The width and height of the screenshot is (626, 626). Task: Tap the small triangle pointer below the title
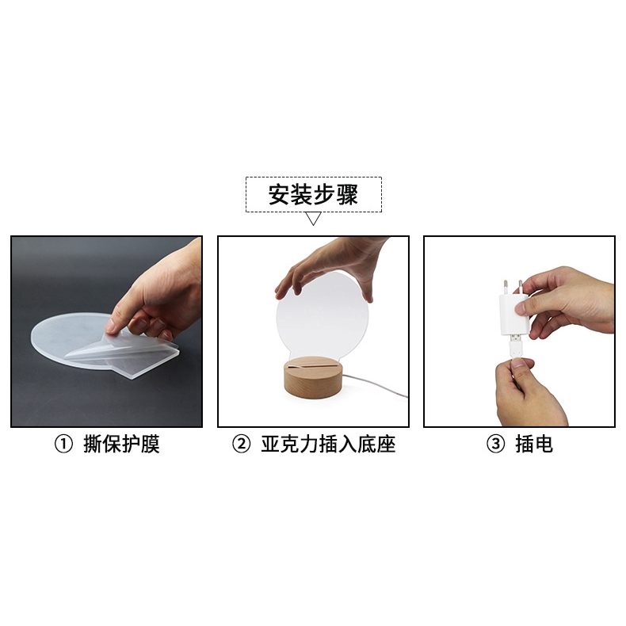tap(313, 219)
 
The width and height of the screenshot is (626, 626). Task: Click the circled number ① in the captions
tap(63, 445)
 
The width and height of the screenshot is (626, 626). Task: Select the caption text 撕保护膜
tap(121, 445)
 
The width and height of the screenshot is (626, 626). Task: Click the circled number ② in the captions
tap(241, 445)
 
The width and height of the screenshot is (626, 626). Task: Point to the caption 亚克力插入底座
tap(328, 445)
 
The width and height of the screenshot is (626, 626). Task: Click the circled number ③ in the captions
tap(495, 445)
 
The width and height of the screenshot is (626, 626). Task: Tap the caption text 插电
tap(533, 445)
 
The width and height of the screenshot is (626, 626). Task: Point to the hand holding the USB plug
tap(527, 392)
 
